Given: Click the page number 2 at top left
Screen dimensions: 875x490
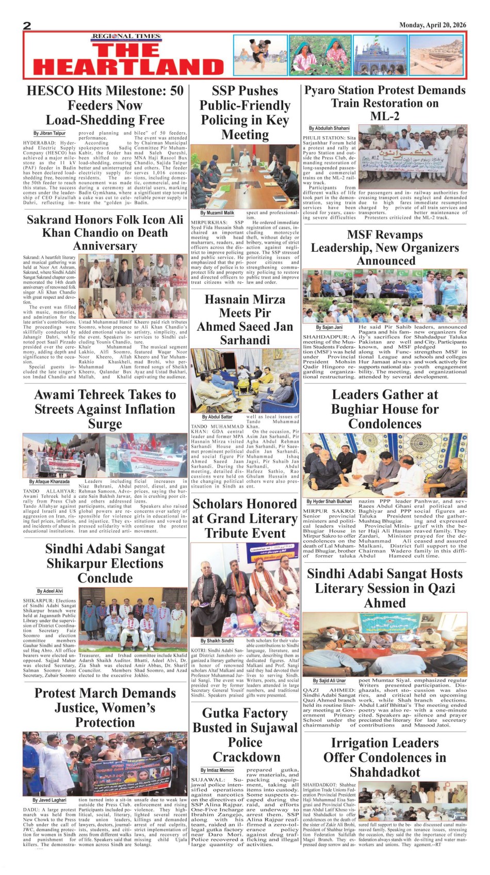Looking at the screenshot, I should (x=27, y=26).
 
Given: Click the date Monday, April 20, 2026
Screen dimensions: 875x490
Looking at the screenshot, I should (x=432, y=25).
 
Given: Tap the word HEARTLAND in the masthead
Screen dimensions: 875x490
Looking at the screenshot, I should (x=128, y=67).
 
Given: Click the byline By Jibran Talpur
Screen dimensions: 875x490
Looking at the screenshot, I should (x=50, y=133).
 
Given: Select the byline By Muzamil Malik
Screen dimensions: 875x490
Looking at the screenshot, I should (x=217, y=213).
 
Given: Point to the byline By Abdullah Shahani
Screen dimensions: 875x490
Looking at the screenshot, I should (x=329, y=128).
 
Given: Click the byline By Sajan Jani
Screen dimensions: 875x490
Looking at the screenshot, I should (x=329, y=327).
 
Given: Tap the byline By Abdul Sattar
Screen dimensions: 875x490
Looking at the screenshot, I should (x=217, y=416).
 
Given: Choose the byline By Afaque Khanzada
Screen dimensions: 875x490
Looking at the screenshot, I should (x=49, y=482).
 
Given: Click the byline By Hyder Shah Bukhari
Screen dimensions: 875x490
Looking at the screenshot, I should (x=329, y=501).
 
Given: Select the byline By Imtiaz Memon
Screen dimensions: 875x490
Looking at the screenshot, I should (x=217, y=770).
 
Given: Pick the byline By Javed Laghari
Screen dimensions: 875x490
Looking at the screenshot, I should (x=49, y=800).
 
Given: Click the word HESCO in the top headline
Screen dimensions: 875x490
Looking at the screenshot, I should (x=50, y=91).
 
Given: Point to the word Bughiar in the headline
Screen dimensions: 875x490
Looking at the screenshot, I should (x=359, y=409).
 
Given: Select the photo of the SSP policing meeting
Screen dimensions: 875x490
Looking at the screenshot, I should (x=245, y=175).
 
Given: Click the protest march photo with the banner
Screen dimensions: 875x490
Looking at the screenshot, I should (x=105, y=764).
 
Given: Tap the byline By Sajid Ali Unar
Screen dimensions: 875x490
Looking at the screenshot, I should (x=329, y=681).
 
